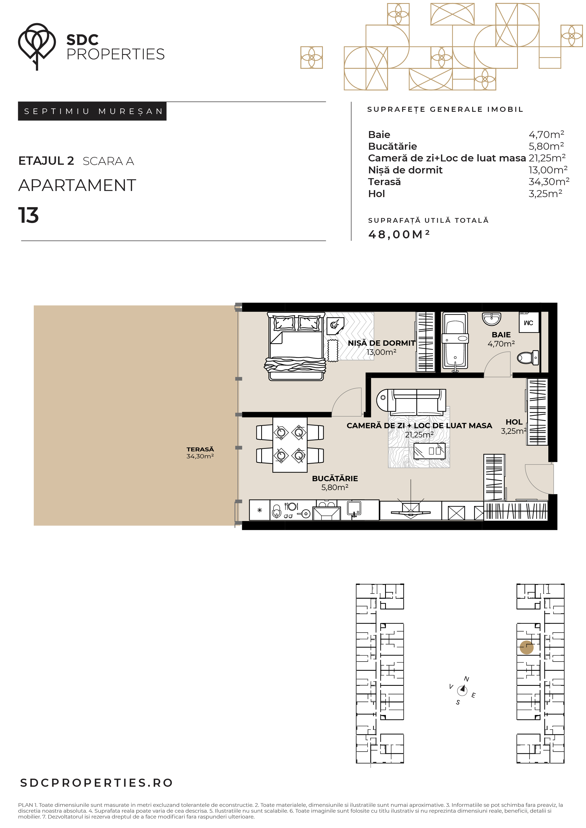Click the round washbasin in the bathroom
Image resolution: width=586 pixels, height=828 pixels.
491,319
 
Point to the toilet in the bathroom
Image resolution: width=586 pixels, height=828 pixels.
527,358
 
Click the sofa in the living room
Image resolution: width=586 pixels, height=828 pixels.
411,402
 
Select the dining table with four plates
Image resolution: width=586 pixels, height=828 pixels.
290,445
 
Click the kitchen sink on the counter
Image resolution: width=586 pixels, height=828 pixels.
354,509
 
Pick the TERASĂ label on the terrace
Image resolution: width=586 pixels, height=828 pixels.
200,449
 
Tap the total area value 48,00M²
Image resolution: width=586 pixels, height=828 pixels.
398,234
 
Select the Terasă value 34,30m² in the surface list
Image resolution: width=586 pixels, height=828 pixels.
549,182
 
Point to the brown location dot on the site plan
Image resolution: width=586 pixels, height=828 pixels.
527,647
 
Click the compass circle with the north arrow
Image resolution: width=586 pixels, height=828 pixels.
462,690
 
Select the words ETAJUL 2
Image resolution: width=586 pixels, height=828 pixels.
46,161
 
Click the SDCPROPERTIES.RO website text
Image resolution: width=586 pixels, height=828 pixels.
96,783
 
